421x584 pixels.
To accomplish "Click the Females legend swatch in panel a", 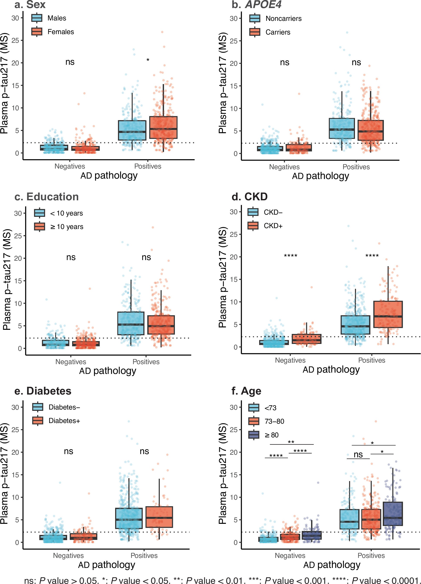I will [x=36, y=32].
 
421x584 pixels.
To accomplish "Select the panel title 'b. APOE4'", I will [x=256, y=5].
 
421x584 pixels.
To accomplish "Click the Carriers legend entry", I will [x=278, y=32].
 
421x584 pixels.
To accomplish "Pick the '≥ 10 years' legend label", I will [x=67, y=227].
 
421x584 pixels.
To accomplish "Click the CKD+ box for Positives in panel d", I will [x=388, y=314].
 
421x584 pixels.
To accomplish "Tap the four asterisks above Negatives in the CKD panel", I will [x=290, y=256].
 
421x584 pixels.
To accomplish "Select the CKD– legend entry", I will [x=273, y=212].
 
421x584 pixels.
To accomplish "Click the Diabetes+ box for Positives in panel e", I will [x=159, y=517].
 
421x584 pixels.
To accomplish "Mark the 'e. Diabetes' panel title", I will [x=43, y=391].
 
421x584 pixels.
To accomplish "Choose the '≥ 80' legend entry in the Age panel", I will [x=271, y=435].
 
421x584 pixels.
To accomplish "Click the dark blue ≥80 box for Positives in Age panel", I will [x=393, y=513].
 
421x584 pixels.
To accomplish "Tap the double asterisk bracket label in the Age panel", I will [x=291, y=442].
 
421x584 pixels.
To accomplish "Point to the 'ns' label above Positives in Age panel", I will [x=358, y=455].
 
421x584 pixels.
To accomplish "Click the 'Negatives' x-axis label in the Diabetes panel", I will [x=68, y=555].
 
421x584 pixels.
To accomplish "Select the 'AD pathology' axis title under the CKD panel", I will [x=331, y=370].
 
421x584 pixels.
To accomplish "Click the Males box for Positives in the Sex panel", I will [x=132, y=130].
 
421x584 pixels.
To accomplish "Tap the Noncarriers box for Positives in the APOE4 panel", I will [x=342, y=128].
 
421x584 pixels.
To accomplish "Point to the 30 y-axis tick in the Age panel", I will [x=233, y=407].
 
